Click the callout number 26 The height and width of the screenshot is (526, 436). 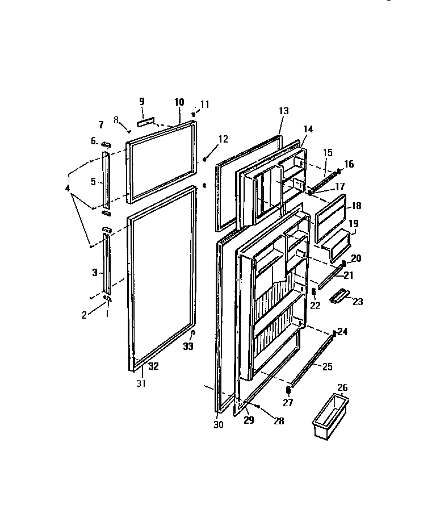pos(342,388)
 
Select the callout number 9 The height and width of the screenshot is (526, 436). pos(142,101)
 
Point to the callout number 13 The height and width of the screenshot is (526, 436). pos(284,111)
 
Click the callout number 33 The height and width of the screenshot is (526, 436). pos(188,347)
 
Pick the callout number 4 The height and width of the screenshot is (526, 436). pos(68,188)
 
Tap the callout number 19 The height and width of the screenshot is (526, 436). pos(353,224)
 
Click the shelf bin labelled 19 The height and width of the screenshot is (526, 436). pos(335,239)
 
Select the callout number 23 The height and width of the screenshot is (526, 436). pos(358,302)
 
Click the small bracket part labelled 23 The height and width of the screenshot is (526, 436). pos(340,295)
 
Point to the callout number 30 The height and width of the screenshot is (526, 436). pos(219,424)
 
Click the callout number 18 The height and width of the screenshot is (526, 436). pos(356,206)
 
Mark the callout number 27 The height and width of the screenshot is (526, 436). pos(288,404)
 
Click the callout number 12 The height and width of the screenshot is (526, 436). pos(223,139)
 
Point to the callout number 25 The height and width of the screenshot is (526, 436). pos(327,366)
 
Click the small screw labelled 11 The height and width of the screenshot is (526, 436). pos(194,113)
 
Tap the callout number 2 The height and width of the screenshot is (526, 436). pos(85,315)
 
